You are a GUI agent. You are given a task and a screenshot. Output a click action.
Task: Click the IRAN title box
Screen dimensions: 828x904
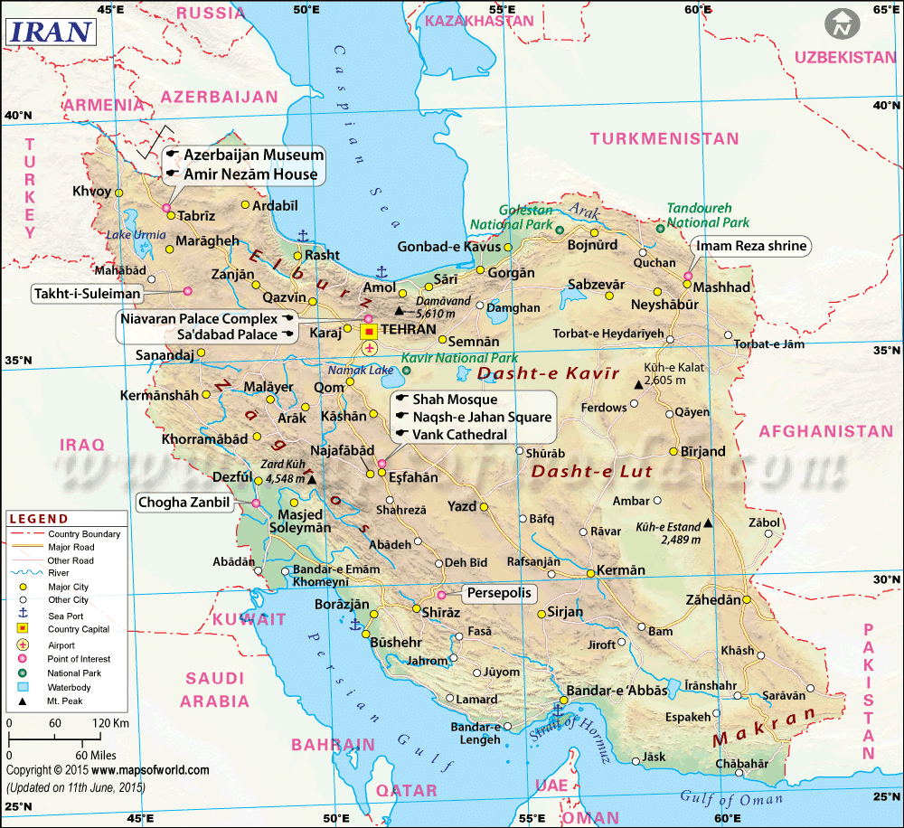click(x=52, y=31)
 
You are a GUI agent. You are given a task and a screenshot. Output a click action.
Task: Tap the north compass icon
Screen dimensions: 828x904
click(x=843, y=24)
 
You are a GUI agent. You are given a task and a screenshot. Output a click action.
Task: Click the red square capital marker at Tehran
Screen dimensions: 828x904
click(x=370, y=331)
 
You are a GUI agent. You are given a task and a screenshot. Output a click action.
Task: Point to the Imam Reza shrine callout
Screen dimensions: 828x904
click(x=750, y=246)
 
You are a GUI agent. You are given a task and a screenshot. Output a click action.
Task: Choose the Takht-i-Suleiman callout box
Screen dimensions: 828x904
click(x=88, y=294)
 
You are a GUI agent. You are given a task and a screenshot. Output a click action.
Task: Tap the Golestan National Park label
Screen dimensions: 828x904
click(x=512, y=216)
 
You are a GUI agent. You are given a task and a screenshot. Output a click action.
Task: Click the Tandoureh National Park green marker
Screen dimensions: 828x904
click(x=660, y=229)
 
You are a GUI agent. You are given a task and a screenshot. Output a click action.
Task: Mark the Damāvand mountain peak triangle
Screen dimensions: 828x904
click(x=399, y=310)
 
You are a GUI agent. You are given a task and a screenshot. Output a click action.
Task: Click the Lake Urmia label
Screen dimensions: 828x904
click(x=137, y=235)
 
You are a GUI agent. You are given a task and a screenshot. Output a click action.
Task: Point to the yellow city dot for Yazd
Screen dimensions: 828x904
click(x=484, y=507)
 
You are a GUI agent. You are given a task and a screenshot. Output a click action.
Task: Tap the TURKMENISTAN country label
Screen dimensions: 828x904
click(x=664, y=138)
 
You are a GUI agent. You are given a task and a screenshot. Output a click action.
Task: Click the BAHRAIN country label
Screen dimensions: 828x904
click(x=332, y=745)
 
